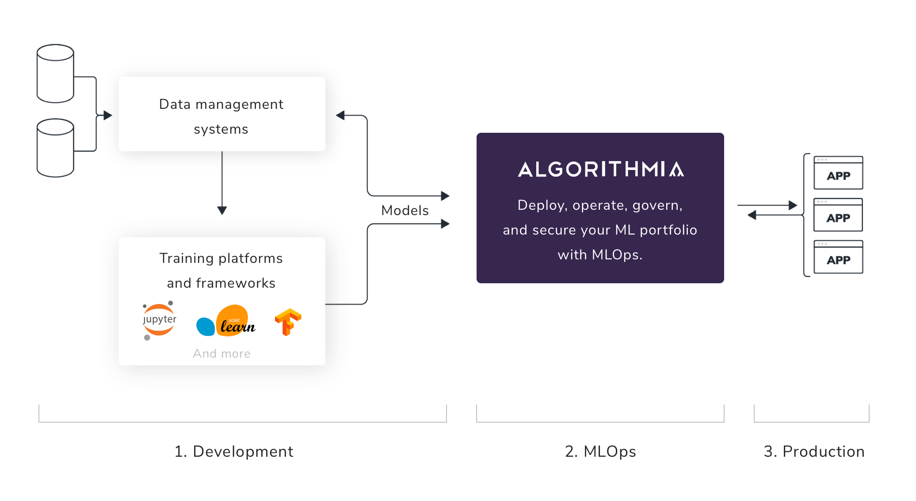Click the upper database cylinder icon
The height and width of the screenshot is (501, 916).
click(x=55, y=73)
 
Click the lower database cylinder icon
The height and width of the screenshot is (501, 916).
click(x=55, y=148)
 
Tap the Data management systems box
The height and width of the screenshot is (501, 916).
click(x=222, y=114)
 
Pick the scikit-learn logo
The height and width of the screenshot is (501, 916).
click(x=226, y=320)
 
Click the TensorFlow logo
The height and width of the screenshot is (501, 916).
click(x=288, y=322)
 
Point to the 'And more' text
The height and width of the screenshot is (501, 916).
click(x=222, y=353)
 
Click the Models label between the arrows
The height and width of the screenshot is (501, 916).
click(x=405, y=210)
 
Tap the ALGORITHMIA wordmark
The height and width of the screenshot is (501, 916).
click(x=601, y=170)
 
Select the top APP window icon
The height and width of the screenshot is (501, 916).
click(x=838, y=173)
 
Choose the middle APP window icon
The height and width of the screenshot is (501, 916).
click(x=838, y=215)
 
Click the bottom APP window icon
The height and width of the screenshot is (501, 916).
click(x=838, y=257)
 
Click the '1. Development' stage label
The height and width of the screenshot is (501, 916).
click(x=234, y=451)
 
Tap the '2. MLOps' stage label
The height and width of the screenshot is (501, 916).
click(x=600, y=451)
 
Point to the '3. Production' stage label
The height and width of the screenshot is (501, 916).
click(x=814, y=451)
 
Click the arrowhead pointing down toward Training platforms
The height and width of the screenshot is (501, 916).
click(x=222, y=211)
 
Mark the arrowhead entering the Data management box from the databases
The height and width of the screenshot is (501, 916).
click(x=108, y=115)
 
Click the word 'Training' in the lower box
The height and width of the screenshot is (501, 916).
click(x=187, y=258)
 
